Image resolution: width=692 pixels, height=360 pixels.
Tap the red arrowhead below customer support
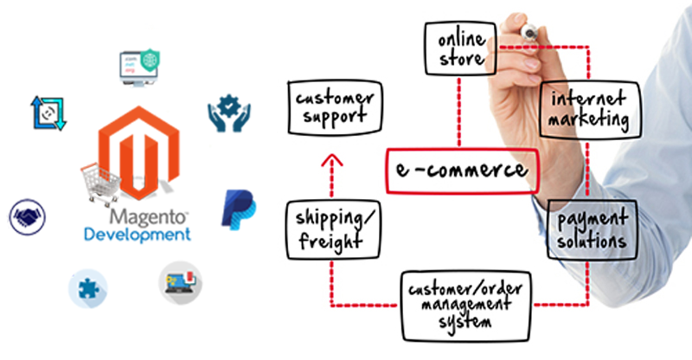(330, 161)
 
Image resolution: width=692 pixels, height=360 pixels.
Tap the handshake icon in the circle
(29, 217)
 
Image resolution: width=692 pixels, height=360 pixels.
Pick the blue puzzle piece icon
(87, 288)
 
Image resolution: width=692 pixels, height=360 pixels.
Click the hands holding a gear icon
(228, 113)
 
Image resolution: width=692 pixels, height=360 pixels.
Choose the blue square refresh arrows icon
(48, 112)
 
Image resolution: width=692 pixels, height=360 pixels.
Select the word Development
(137, 235)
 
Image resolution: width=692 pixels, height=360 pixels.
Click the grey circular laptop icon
(180, 283)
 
